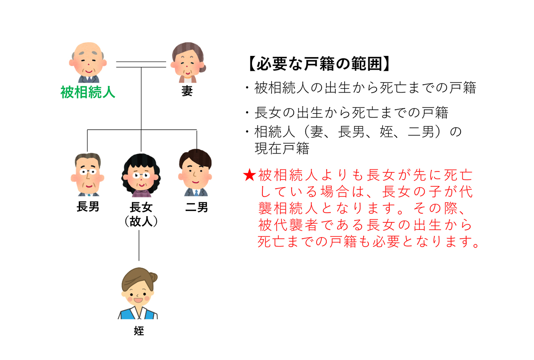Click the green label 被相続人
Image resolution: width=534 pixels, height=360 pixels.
coord(88,92)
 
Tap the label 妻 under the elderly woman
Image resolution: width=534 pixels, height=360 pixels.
coord(187,91)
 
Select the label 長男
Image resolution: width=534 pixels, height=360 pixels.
coord(88,206)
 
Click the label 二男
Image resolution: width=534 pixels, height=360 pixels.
coord(196,207)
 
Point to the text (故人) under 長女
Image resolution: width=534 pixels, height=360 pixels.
coord(141,222)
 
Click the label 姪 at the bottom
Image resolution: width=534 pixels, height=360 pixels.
coord(139,331)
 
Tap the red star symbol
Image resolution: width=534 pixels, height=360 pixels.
coord(249,175)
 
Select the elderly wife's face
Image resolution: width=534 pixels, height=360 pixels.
coord(188,65)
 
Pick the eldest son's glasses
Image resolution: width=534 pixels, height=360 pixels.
coord(88,171)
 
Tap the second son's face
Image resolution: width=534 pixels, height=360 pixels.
coord(196,174)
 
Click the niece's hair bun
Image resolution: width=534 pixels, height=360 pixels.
coord(152,277)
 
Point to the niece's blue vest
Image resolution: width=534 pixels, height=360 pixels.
coord(138,314)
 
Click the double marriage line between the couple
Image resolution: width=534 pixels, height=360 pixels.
coord(141,64)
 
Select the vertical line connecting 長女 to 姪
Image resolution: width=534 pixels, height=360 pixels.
coord(139,245)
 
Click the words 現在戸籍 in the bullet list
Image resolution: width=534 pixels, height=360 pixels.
coord(282,148)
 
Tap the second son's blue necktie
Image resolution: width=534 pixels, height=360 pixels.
coord(196,193)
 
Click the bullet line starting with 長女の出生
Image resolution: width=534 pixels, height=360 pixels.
coord(347,113)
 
